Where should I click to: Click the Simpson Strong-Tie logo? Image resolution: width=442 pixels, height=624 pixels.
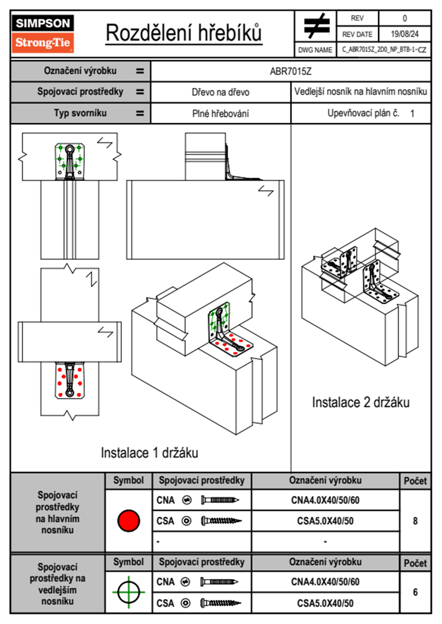(43, 33)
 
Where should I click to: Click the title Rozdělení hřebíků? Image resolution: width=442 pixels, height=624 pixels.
(184, 33)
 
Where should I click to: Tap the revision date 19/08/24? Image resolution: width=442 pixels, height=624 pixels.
(404, 34)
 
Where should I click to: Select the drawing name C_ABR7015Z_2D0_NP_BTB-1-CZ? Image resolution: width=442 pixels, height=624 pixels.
(384, 50)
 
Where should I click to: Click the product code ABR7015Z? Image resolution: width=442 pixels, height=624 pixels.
(290, 71)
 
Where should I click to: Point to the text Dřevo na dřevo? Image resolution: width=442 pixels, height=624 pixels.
(220, 92)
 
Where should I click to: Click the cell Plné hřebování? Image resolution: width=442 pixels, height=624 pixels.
(220, 114)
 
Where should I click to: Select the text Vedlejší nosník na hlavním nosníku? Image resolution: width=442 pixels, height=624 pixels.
(360, 92)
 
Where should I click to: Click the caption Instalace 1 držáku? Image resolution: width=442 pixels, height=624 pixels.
(149, 453)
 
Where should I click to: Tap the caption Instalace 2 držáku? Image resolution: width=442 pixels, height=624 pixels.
(360, 403)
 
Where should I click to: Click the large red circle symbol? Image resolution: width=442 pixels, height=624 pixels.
(129, 520)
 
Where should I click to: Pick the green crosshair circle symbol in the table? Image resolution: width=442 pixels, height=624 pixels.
(129, 592)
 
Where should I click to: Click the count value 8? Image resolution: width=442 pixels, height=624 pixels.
(415, 521)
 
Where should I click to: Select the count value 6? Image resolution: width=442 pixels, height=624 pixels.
(415, 592)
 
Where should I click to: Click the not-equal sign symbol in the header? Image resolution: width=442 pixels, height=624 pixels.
(316, 26)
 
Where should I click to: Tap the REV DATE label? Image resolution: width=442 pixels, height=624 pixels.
(357, 35)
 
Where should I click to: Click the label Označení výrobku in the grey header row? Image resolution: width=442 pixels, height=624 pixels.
(80, 71)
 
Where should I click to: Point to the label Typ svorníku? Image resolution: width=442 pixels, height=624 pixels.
(80, 113)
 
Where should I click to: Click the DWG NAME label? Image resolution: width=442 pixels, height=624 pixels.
(315, 50)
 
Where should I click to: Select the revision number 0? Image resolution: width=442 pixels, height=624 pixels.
(404, 18)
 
